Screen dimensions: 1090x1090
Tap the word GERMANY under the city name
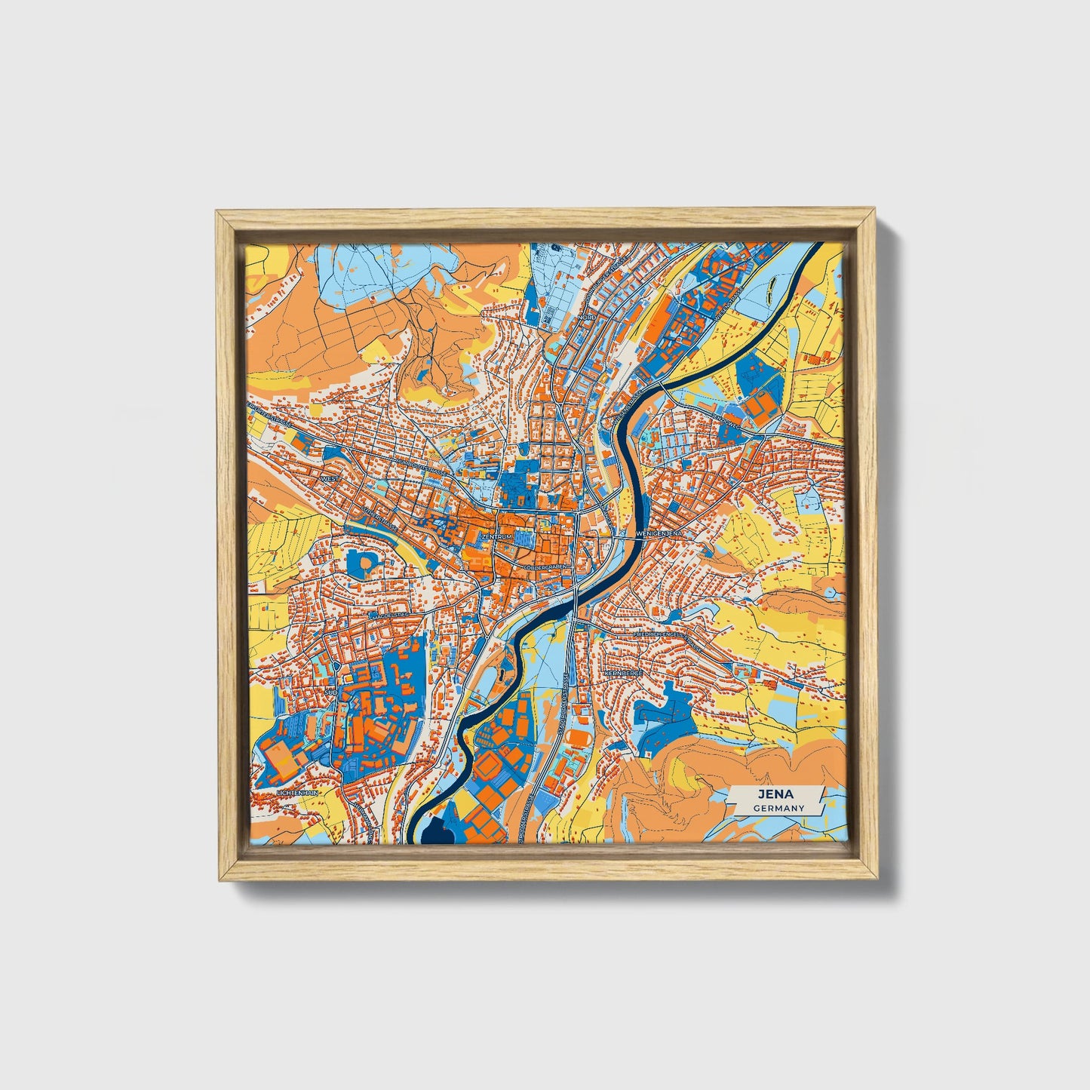pyautogui.click(x=779, y=808)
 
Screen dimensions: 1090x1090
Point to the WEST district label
pyautogui.click(x=329, y=478)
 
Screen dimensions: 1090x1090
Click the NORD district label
pyautogui.click(x=587, y=318)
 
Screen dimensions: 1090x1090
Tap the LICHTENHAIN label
pyautogui.click(x=299, y=794)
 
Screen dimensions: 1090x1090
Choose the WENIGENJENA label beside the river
pyautogui.click(x=659, y=533)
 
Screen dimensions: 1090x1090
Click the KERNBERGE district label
pyautogui.click(x=622, y=673)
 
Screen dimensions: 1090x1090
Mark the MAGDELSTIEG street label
pyautogui.click(x=388, y=616)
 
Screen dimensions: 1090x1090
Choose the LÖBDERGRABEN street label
pyautogui.click(x=547, y=566)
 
